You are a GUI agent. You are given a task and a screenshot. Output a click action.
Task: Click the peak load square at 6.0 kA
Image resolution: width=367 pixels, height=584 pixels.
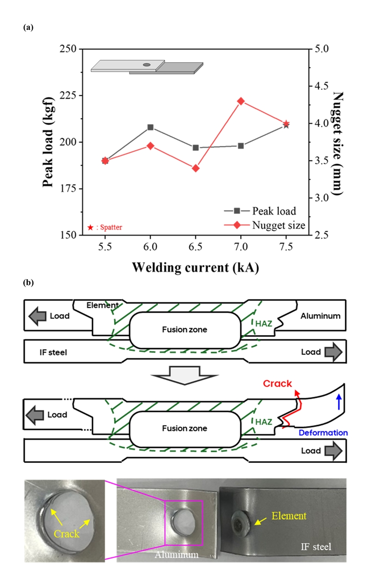pos(151,127)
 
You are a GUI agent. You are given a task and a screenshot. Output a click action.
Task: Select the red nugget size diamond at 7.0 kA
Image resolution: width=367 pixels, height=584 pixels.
pos(241,101)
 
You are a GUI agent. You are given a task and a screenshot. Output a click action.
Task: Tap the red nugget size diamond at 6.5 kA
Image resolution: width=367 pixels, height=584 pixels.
pos(196,168)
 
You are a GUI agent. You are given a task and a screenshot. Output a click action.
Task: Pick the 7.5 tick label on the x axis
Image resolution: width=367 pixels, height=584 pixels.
pos(286,247)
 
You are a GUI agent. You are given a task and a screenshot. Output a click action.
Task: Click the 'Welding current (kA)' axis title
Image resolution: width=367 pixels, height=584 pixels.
pos(195,267)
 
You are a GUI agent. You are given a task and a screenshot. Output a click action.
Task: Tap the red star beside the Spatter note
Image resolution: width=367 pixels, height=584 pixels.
pos(91,227)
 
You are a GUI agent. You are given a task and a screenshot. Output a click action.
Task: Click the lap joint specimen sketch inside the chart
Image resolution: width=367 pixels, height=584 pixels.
pos(146,67)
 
